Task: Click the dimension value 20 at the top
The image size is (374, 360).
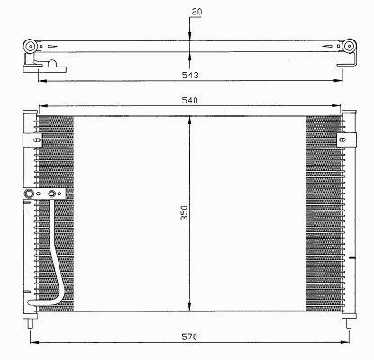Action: pos(196,12)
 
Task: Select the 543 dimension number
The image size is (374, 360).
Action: pos(190,75)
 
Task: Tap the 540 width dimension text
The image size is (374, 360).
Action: pos(190,100)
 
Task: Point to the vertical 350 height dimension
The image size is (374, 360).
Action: pos(184,213)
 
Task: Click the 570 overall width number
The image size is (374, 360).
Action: pos(189,337)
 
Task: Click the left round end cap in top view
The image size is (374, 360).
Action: pos(31,47)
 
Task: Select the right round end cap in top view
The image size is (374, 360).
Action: pos(349,46)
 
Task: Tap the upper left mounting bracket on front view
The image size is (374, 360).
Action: pos(32,139)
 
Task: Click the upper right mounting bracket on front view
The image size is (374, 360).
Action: pos(346,139)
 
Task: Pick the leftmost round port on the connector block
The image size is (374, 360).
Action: pos(29,193)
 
